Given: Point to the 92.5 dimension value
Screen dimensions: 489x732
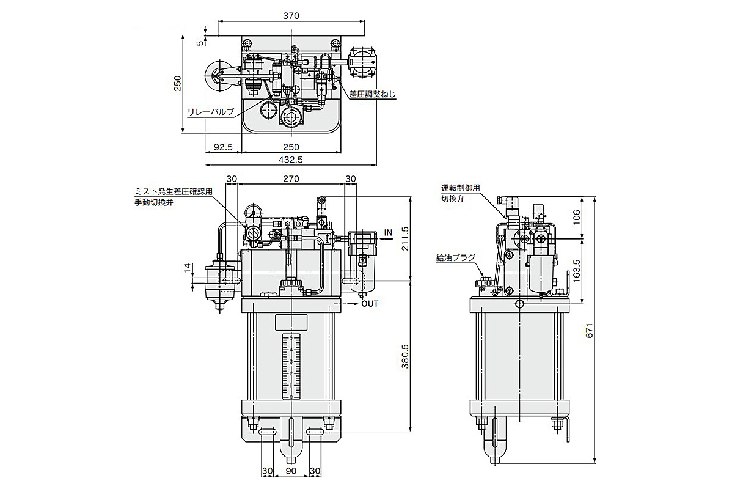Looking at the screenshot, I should coord(223,147).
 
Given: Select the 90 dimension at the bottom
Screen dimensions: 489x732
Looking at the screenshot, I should coord(291,471).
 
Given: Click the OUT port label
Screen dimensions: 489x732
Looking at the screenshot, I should coord(369,303).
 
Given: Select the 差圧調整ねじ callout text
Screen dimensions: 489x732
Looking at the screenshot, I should coord(373,94).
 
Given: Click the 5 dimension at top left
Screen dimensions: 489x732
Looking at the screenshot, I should coord(199,42).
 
